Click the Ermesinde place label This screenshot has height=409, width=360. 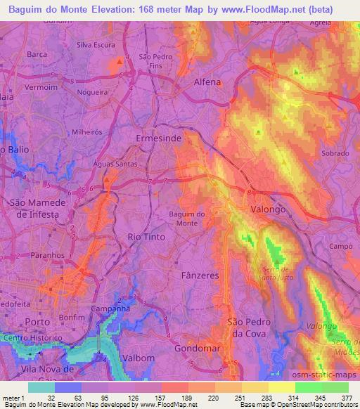(x=157, y=140)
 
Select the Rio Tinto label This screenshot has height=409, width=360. (x=146, y=237)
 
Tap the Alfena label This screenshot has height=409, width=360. (x=207, y=82)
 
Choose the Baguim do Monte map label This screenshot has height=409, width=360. (x=187, y=219)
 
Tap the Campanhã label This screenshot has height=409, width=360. (x=108, y=309)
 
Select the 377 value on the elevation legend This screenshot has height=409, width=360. (x=347, y=397)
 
